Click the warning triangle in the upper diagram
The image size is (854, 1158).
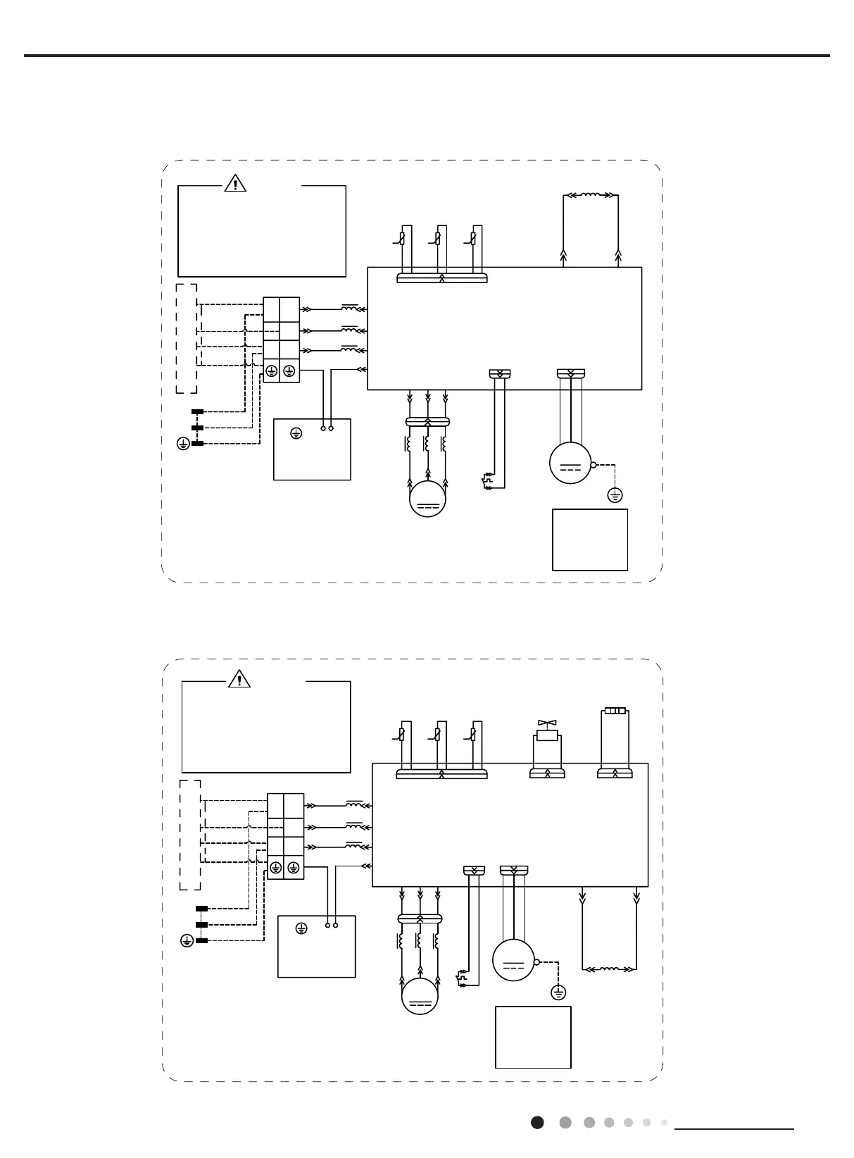click(235, 184)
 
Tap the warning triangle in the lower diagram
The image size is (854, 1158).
click(240, 679)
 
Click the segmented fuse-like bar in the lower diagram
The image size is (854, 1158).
click(615, 711)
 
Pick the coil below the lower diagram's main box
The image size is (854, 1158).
click(610, 970)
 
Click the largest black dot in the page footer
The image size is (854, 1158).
click(537, 1122)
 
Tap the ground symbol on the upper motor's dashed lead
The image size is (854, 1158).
click(615, 496)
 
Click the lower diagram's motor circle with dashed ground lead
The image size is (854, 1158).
click(513, 960)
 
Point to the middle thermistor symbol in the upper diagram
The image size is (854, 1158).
click(437, 239)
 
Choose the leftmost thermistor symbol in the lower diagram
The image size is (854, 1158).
click(401, 735)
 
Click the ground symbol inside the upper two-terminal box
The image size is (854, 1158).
click(295, 432)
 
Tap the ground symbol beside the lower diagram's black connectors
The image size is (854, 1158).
click(187, 940)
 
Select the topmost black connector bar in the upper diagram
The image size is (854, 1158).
click(198, 412)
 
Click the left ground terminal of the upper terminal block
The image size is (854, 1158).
click(271, 372)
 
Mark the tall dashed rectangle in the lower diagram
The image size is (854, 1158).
click(190, 835)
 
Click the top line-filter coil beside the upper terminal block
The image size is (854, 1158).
click(350, 308)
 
